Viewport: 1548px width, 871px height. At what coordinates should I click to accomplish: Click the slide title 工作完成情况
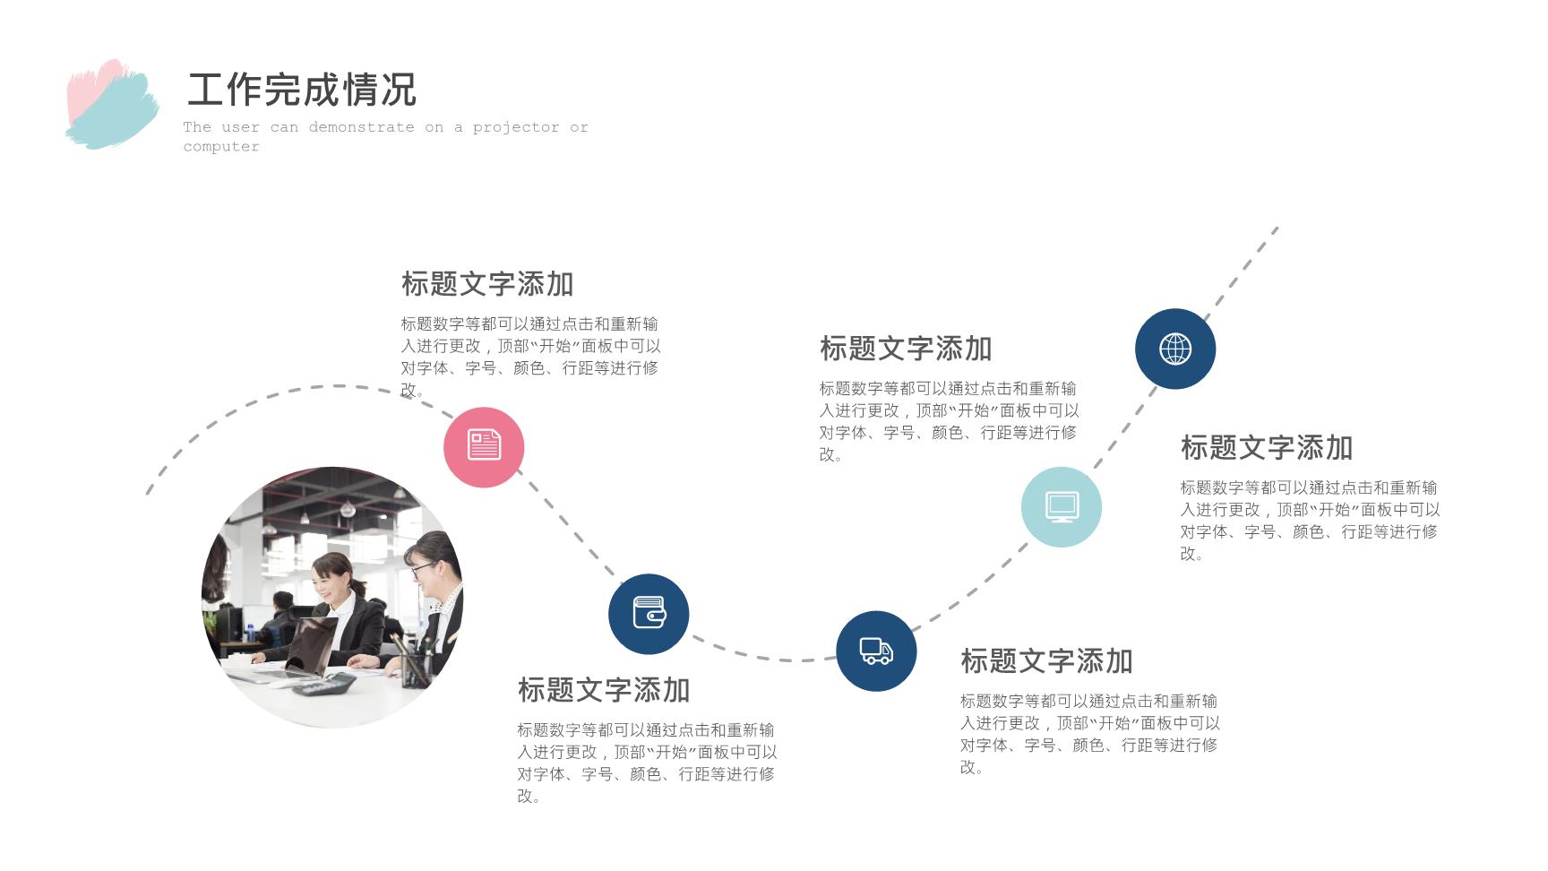302,90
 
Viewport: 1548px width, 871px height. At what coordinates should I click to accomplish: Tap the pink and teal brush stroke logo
112,104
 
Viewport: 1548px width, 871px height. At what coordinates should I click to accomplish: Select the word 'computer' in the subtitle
221,147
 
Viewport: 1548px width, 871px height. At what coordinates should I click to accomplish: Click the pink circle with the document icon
484,447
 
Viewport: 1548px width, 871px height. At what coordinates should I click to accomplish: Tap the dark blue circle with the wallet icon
649,614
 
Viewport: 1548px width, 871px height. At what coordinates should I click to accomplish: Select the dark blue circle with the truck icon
876,651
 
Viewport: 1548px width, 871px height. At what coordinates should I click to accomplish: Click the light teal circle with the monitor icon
1062,507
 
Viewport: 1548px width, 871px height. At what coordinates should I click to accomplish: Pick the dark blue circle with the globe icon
1175,349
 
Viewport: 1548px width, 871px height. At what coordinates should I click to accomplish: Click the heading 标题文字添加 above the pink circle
487,284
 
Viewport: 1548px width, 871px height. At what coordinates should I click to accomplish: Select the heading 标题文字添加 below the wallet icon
604,690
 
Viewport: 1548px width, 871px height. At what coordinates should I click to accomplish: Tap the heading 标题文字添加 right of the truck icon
1046,661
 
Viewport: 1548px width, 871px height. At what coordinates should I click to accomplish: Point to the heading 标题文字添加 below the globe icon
1267,448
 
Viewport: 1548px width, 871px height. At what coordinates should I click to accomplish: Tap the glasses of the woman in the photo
422,566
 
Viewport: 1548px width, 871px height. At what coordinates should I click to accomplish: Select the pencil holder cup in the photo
415,668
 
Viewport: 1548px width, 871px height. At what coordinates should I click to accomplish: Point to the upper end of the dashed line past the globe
1277,229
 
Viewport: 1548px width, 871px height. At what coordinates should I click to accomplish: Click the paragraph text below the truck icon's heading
1090,734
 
